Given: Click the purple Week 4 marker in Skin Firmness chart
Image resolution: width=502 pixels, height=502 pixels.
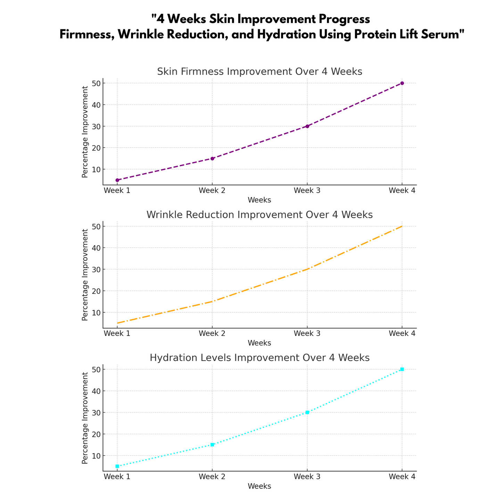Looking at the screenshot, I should tap(402, 83).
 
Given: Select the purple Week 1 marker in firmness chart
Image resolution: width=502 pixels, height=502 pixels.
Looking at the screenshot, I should tap(117, 180).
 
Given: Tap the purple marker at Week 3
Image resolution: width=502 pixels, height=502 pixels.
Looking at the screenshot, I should tap(307, 126).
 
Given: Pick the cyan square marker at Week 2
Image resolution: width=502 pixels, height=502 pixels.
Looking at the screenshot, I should tap(212, 445).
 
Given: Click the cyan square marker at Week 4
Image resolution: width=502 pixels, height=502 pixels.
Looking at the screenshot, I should tap(402, 369).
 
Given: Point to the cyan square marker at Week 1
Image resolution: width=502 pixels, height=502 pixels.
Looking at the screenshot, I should tap(117, 466).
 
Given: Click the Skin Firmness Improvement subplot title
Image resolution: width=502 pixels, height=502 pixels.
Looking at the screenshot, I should tap(260, 72).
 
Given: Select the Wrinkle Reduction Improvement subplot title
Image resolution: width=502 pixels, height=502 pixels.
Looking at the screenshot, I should tap(260, 215).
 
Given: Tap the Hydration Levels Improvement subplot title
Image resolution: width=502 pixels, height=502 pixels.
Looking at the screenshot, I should tap(260, 358).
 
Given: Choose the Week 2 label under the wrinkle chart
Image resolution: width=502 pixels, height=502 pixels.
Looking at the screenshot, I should tap(212, 334).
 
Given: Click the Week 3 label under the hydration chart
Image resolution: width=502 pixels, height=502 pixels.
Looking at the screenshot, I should tap(307, 477).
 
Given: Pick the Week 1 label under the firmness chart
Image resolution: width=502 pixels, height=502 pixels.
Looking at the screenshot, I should tap(117, 190).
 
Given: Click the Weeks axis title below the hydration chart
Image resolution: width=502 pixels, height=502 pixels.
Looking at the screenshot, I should tap(260, 486).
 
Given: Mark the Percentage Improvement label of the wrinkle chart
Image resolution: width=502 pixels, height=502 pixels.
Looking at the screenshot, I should tap(85, 275).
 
